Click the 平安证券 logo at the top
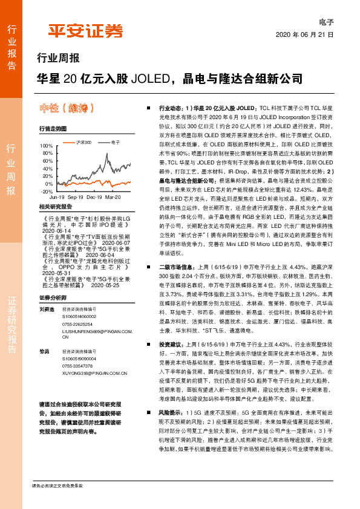(85, 31)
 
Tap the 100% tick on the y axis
(46, 146)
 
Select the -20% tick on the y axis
(46, 191)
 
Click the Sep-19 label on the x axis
(75, 197)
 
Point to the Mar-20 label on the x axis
(113, 197)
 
